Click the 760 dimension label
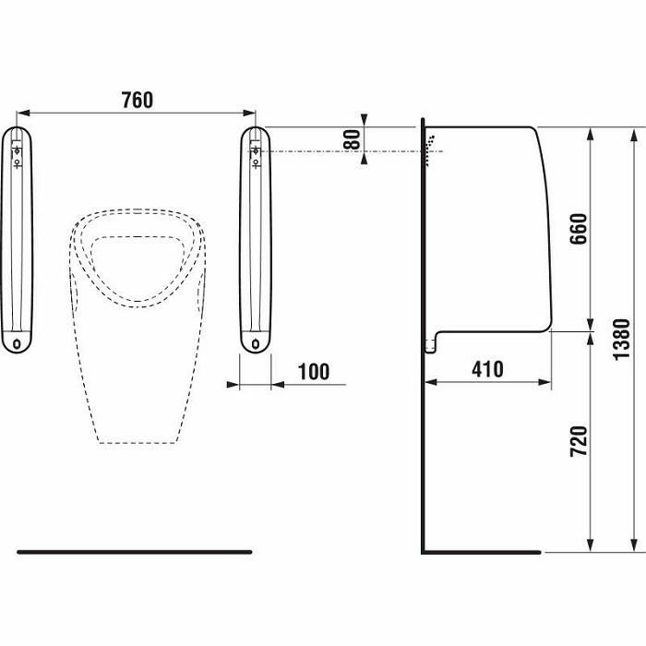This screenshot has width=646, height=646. [138, 100]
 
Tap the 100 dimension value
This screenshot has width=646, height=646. [314, 372]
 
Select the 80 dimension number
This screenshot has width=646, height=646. [352, 139]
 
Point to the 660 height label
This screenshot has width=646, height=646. [578, 229]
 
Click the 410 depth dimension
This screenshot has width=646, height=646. [487, 369]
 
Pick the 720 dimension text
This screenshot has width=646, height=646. [578, 441]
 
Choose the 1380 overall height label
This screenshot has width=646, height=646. [622, 340]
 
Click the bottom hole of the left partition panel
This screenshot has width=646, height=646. [17, 343]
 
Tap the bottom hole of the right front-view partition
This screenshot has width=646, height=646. [256, 343]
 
